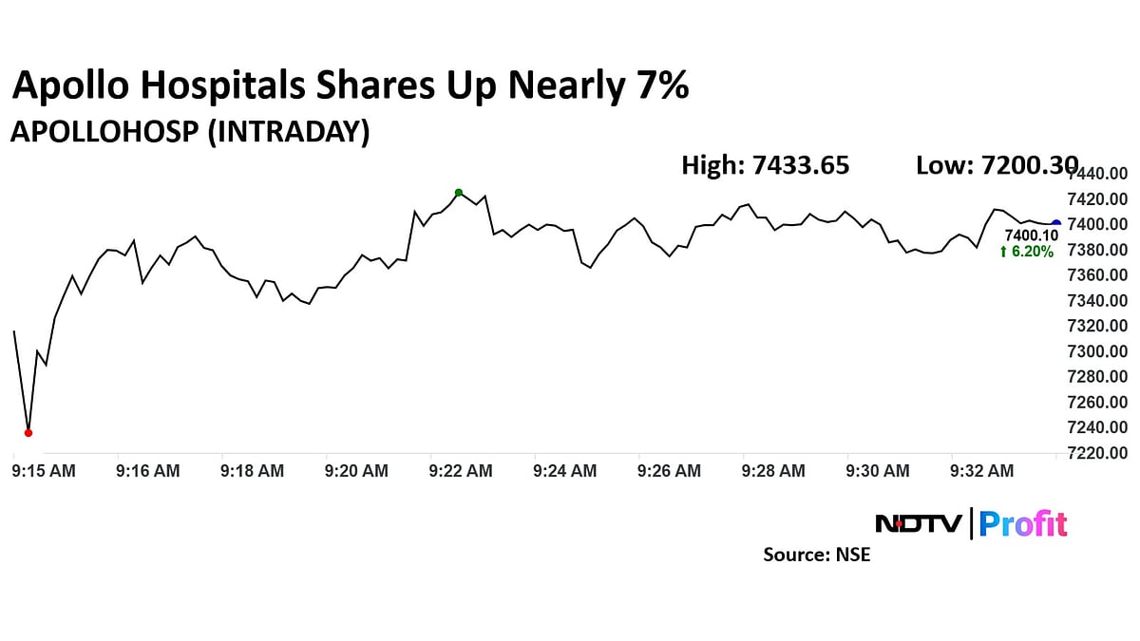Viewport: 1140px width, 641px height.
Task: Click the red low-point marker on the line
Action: pyautogui.click(x=28, y=433)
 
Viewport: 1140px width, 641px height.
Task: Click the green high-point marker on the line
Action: pyautogui.click(x=459, y=193)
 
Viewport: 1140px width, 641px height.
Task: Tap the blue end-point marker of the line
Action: pyautogui.click(x=1055, y=223)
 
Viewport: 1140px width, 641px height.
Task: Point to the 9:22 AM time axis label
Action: pyautogui.click(x=461, y=470)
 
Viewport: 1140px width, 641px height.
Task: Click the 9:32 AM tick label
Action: pyautogui.click(x=982, y=470)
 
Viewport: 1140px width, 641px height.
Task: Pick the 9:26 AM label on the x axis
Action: pyautogui.click(x=669, y=470)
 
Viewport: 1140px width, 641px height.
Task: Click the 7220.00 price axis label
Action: pyautogui.click(x=1098, y=453)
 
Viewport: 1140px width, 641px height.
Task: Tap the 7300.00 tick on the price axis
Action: pyautogui.click(x=1098, y=351)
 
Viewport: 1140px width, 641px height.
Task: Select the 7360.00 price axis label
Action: pyautogui.click(x=1098, y=275)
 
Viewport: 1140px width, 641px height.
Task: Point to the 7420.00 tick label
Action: pyautogui.click(x=1098, y=199)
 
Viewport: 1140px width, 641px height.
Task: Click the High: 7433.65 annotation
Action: pyautogui.click(x=766, y=166)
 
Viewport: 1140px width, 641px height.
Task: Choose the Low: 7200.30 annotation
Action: pyautogui.click(x=997, y=166)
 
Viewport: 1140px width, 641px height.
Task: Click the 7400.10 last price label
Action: pyautogui.click(x=1031, y=235)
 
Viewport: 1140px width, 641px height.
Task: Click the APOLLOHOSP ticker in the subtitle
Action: pyautogui.click(x=103, y=133)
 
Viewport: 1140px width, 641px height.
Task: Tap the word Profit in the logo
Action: pyautogui.click(x=1023, y=524)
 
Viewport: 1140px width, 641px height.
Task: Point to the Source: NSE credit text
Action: pyautogui.click(x=816, y=555)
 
